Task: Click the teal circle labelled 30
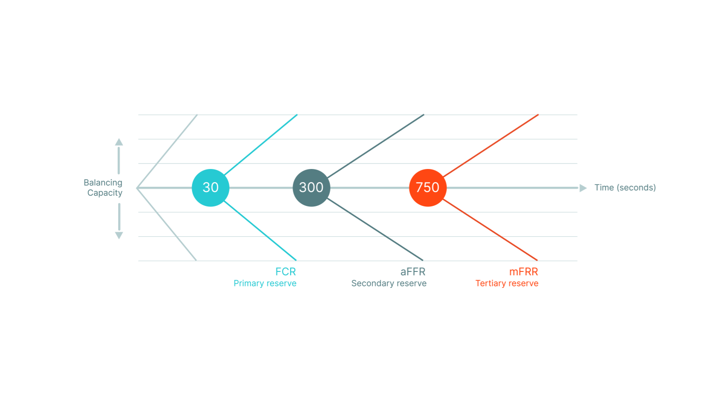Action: [210, 188]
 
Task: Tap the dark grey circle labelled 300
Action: [311, 188]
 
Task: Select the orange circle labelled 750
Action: [428, 188]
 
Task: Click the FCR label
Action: [286, 272]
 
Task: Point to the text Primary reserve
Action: [265, 283]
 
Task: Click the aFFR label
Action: [413, 272]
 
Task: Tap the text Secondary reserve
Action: [389, 283]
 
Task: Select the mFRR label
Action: [523, 272]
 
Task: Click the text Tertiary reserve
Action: [507, 283]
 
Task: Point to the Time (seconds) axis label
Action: [625, 188]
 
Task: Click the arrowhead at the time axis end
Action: [583, 188]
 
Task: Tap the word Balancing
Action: [103, 183]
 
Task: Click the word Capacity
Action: [105, 193]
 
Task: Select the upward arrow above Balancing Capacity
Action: [119, 156]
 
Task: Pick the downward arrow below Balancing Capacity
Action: [119, 221]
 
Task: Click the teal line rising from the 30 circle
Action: [260, 145]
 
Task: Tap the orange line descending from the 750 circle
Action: [490, 230]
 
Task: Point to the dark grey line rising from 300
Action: [376, 146]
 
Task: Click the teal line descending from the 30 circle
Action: [260, 230]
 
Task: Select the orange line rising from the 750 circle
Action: [491, 146]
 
